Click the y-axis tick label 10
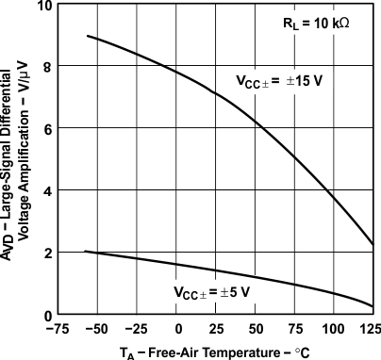click(45, 7)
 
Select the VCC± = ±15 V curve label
click(280, 80)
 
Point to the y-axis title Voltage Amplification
click(28, 160)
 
